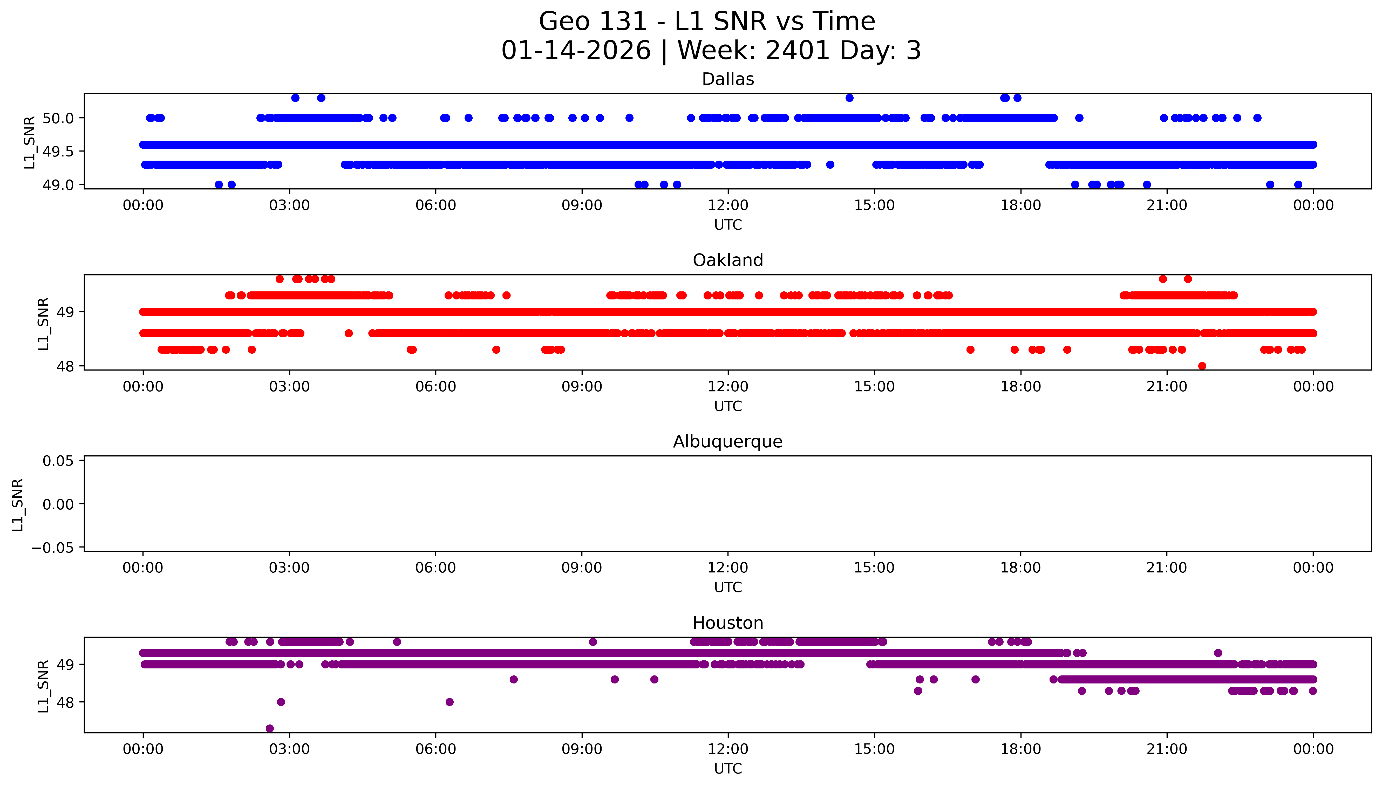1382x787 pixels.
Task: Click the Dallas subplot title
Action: coord(727,79)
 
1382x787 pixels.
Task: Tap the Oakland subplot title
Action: coord(727,261)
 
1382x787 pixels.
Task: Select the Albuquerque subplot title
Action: coord(727,442)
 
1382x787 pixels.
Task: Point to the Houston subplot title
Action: coord(727,623)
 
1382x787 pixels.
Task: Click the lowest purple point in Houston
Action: coord(270,729)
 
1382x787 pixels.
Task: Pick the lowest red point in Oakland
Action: coord(1202,366)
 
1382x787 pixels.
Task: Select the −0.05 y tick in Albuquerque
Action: coord(52,548)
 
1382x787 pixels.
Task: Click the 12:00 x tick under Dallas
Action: coord(727,206)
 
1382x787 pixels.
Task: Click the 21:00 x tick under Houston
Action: coord(1166,749)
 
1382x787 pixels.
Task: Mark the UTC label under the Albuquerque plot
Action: coord(727,587)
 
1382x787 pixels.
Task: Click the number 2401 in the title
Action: coord(797,51)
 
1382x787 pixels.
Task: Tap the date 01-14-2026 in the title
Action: coord(576,51)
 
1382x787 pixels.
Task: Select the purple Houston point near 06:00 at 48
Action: coord(449,702)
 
